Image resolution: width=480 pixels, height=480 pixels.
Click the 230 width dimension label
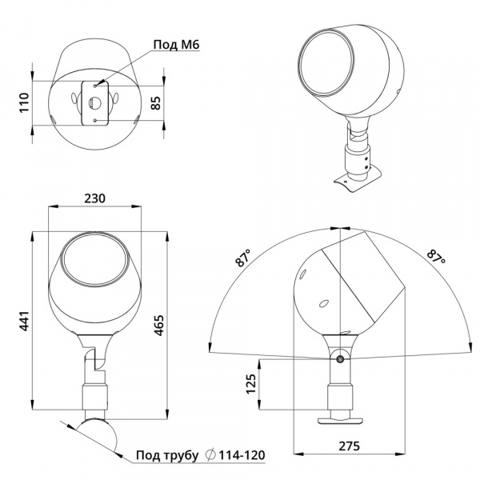(94, 198)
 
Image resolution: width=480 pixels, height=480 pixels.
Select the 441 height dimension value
(24, 321)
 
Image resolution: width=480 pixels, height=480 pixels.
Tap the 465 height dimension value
(158, 326)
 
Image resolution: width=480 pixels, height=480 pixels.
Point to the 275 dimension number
(349, 446)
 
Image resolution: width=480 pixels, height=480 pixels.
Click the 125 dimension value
(251, 384)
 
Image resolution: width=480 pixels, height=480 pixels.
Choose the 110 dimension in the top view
(24, 103)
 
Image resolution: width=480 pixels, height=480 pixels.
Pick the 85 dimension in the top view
(155, 103)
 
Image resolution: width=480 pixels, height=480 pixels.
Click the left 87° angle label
(243, 258)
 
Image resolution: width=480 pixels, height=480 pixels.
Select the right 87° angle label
(436, 257)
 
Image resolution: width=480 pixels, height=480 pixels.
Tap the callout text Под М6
(176, 45)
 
